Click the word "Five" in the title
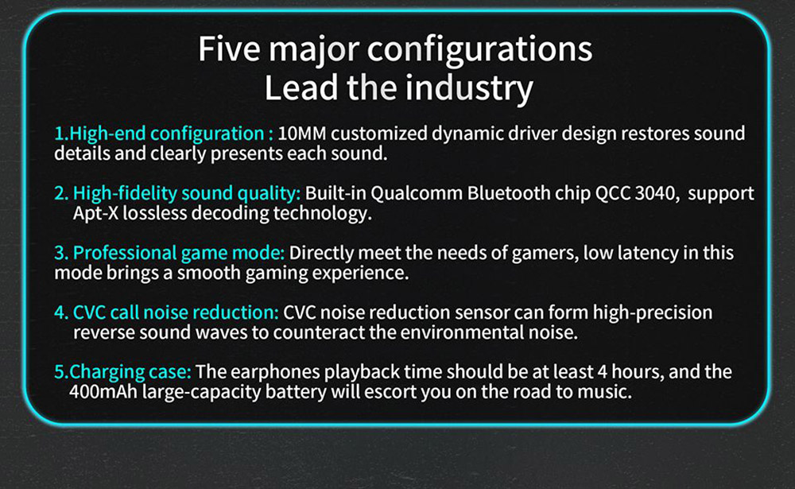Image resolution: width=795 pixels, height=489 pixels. (x=229, y=49)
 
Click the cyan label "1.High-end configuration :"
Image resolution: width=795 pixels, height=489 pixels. (x=164, y=134)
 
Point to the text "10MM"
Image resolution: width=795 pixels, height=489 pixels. (x=302, y=134)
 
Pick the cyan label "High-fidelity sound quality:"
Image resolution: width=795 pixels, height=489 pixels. (x=187, y=194)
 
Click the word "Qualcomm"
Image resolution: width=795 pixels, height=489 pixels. (x=417, y=194)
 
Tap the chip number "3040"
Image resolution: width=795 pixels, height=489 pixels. (x=657, y=194)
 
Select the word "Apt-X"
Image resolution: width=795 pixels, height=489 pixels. (x=95, y=214)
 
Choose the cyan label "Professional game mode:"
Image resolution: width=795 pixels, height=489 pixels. (x=178, y=253)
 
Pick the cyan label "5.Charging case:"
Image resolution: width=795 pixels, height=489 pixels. (x=122, y=372)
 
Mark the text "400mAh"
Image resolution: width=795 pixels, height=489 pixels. (x=103, y=392)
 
